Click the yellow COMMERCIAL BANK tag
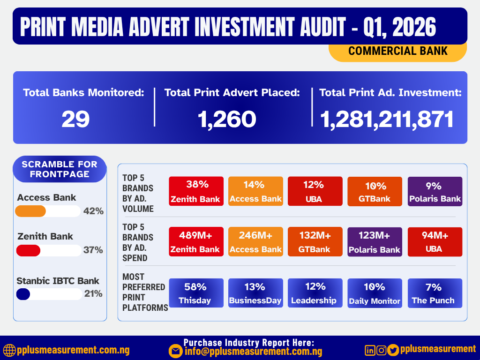[x=397, y=51]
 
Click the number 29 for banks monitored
[x=75, y=120]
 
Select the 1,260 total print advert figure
[x=227, y=120]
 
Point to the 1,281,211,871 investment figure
[x=387, y=120]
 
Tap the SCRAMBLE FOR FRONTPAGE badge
[x=60, y=169]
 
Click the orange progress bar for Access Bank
[x=31, y=211]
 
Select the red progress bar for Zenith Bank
[x=29, y=250]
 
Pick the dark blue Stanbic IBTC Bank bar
[x=23, y=294]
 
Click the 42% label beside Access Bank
[x=93, y=211]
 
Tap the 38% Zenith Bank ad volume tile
[x=196, y=191]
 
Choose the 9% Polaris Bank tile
[x=435, y=191]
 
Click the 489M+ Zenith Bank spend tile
[x=196, y=242]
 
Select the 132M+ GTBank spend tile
[x=315, y=242]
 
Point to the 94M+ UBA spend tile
[x=435, y=242]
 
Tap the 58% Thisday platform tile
[x=196, y=293]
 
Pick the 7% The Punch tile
[x=435, y=293]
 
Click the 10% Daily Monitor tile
[x=375, y=293]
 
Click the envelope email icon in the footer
[x=176, y=351]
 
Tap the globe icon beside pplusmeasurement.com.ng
[x=9, y=350]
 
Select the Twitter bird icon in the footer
[x=393, y=350]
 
